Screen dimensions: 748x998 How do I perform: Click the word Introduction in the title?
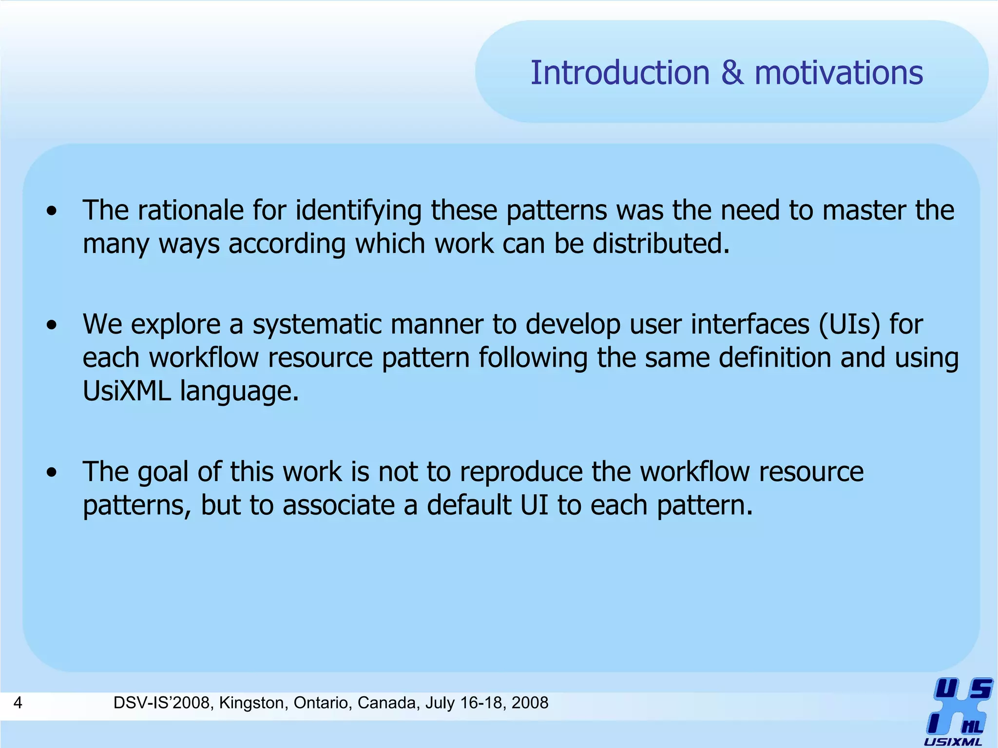(x=620, y=73)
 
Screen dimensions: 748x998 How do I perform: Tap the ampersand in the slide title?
(x=732, y=73)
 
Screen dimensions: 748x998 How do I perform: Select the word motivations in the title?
(x=839, y=73)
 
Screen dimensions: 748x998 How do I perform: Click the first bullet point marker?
(x=52, y=211)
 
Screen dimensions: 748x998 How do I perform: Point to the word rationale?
(x=191, y=210)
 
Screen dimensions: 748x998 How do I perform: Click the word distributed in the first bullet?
(x=660, y=243)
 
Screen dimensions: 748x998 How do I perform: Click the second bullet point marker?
(x=52, y=325)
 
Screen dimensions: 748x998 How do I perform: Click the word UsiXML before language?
(x=127, y=391)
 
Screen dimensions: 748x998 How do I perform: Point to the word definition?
(x=777, y=358)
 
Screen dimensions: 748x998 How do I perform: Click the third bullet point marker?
(x=52, y=473)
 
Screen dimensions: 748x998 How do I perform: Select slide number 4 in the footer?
(x=18, y=703)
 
